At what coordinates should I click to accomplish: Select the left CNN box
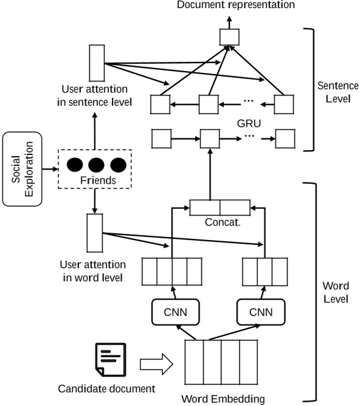coord(171,313)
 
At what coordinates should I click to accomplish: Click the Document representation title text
coord(227,6)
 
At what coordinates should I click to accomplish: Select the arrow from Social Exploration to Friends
coord(50,165)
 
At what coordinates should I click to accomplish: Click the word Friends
coord(94,181)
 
